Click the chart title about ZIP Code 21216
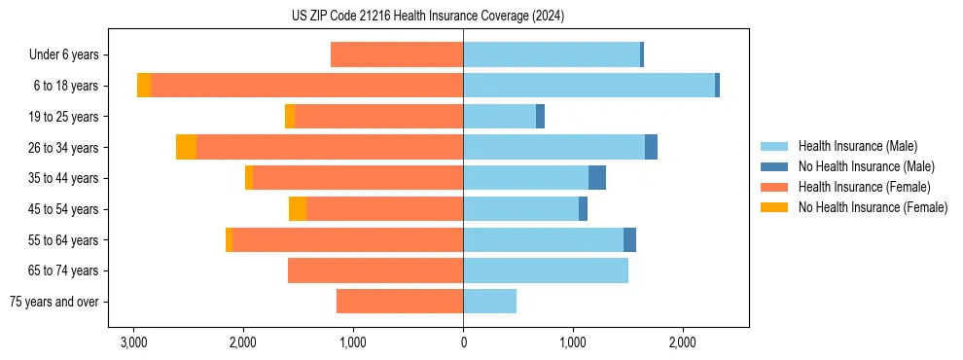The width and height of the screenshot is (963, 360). click(x=427, y=17)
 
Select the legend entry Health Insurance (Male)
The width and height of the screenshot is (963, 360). click(x=857, y=146)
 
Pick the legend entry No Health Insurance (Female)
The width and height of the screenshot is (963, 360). click(x=873, y=207)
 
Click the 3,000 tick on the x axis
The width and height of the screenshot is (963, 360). click(x=133, y=342)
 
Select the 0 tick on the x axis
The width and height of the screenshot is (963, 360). click(x=463, y=342)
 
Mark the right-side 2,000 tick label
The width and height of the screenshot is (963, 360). click(x=682, y=342)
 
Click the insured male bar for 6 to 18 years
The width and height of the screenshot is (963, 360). click(x=588, y=86)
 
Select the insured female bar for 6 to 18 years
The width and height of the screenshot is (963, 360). click(x=306, y=86)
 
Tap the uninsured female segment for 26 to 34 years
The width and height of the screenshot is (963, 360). click(x=186, y=147)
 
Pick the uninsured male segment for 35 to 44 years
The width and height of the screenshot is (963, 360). click(x=597, y=178)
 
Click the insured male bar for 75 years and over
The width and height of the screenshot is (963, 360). click(x=489, y=302)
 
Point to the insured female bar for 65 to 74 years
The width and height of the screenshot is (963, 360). click(x=375, y=270)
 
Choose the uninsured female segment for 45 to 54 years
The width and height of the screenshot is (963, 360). click(x=298, y=209)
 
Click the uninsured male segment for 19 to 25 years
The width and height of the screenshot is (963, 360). click(x=540, y=117)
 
